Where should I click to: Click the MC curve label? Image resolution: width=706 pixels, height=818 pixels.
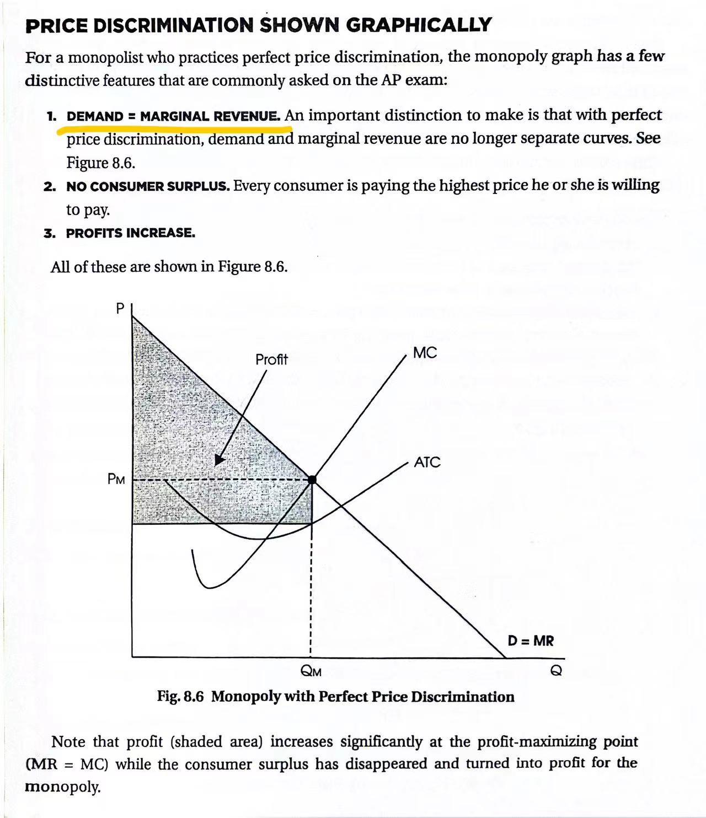[x=425, y=353]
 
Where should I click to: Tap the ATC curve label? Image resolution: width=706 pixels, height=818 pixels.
[x=427, y=462]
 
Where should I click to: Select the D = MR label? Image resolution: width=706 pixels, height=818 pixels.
[x=531, y=641]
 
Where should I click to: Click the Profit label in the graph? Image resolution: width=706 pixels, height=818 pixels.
[x=271, y=360]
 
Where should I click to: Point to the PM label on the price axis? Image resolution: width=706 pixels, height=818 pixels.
[x=116, y=480]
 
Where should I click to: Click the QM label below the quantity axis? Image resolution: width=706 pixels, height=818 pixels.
[x=311, y=671]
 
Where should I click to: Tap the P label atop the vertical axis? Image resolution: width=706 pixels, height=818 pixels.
[x=120, y=309]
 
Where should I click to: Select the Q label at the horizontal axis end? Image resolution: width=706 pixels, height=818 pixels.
[x=557, y=671]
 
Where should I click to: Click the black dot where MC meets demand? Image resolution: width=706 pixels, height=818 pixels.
[x=312, y=480]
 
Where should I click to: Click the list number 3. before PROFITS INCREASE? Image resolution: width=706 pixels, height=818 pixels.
[x=50, y=233]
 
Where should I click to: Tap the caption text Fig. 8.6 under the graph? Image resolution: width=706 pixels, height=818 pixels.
[x=180, y=697]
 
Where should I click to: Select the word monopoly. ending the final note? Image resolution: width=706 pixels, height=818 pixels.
[x=62, y=787]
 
